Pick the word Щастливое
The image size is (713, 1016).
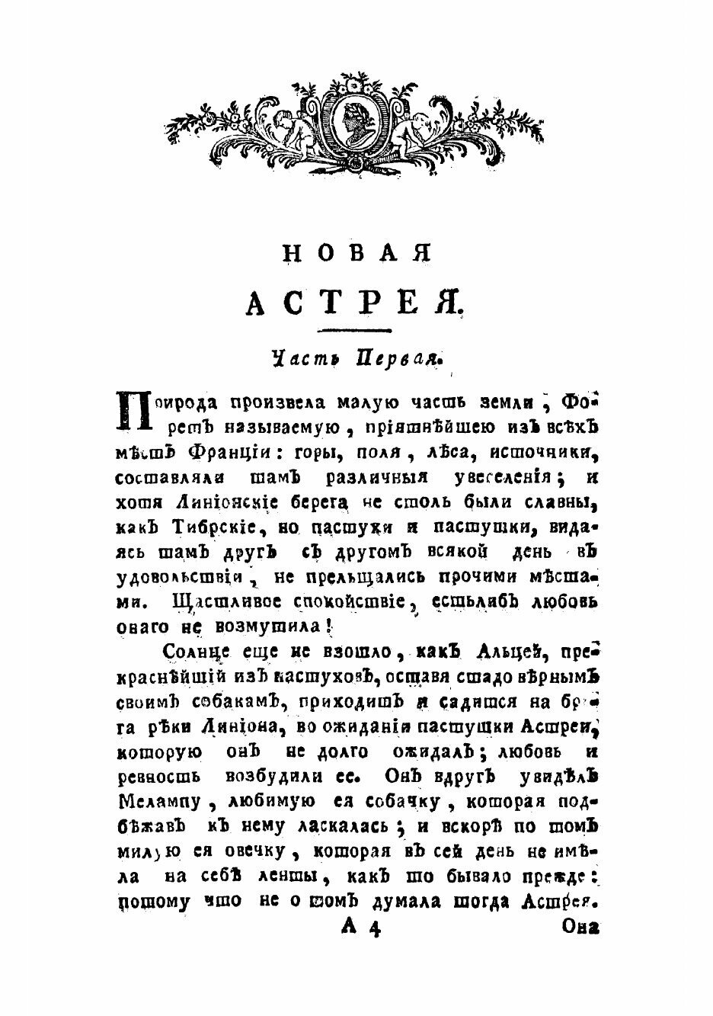tap(226, 601)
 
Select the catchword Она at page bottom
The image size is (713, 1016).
tap(581, 928)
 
